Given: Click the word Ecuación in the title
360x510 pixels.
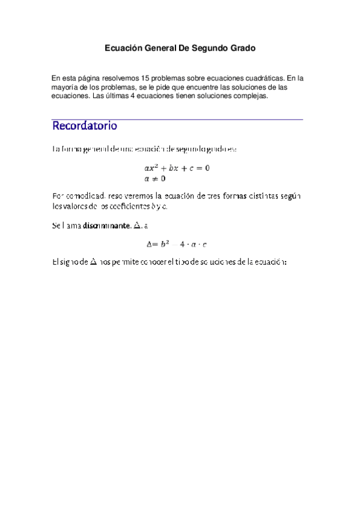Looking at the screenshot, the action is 124,47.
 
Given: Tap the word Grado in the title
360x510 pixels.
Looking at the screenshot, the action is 243,47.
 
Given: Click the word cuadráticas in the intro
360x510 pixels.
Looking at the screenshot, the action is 260,78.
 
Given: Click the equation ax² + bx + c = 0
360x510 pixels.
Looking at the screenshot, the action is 173,168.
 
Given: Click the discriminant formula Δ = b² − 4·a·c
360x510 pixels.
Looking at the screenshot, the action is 177,244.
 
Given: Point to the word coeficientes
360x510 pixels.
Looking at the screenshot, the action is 126,207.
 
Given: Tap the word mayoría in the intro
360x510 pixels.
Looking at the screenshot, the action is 66,87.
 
